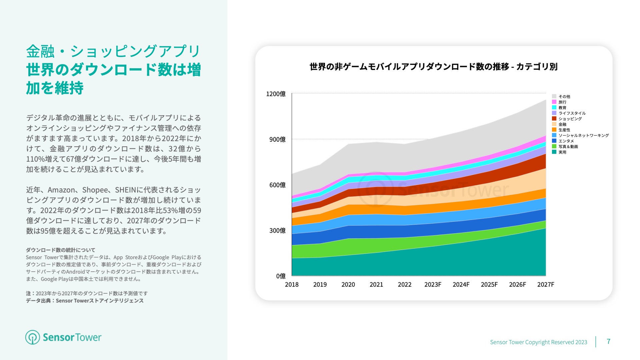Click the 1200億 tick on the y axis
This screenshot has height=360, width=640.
(276, 94)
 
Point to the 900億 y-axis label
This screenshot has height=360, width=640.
(277, 139)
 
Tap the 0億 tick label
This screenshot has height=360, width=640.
(281, 276)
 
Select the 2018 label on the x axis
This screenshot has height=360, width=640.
(292, 284)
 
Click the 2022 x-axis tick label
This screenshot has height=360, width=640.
(405, 284)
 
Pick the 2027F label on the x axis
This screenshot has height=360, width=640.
(546, 284)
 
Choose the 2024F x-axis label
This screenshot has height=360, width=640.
(461, 284)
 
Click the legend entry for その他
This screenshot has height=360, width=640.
(564, 97)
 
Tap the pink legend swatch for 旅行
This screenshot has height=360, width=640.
(554, 102)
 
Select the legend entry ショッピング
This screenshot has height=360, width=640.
(570, 119)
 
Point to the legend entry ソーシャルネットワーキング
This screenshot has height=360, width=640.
(583, 135)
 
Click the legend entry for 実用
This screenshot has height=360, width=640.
(562, 152)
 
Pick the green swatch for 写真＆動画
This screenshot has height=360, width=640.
(554, 146)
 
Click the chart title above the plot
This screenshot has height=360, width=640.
(433, 67)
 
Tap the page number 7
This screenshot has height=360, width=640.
(608, 341)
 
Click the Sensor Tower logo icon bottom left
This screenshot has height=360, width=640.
(33, 337)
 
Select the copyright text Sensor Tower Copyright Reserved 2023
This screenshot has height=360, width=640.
(538, 342)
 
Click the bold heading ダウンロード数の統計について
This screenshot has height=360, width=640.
(61, 250)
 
